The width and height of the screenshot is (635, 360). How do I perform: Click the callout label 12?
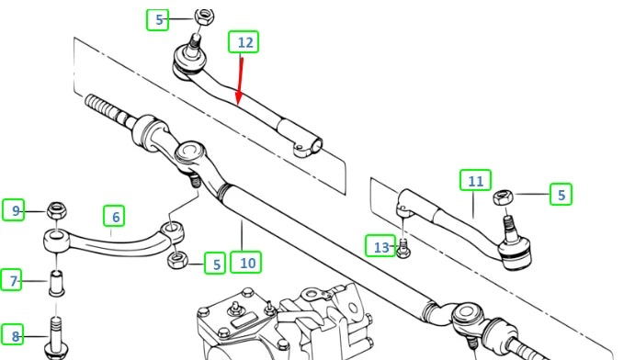point(244,42)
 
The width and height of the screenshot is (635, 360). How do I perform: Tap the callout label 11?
point(475,182)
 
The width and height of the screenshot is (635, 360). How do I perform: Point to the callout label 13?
point(381,246)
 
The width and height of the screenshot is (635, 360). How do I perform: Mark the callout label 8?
point(14,335)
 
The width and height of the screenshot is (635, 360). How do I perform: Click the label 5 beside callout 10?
point(215,264)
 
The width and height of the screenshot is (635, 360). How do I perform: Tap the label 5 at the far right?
point(560,194)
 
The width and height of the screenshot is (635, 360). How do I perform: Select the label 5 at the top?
point(159,18)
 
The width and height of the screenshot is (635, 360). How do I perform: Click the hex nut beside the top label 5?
point(205,16)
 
